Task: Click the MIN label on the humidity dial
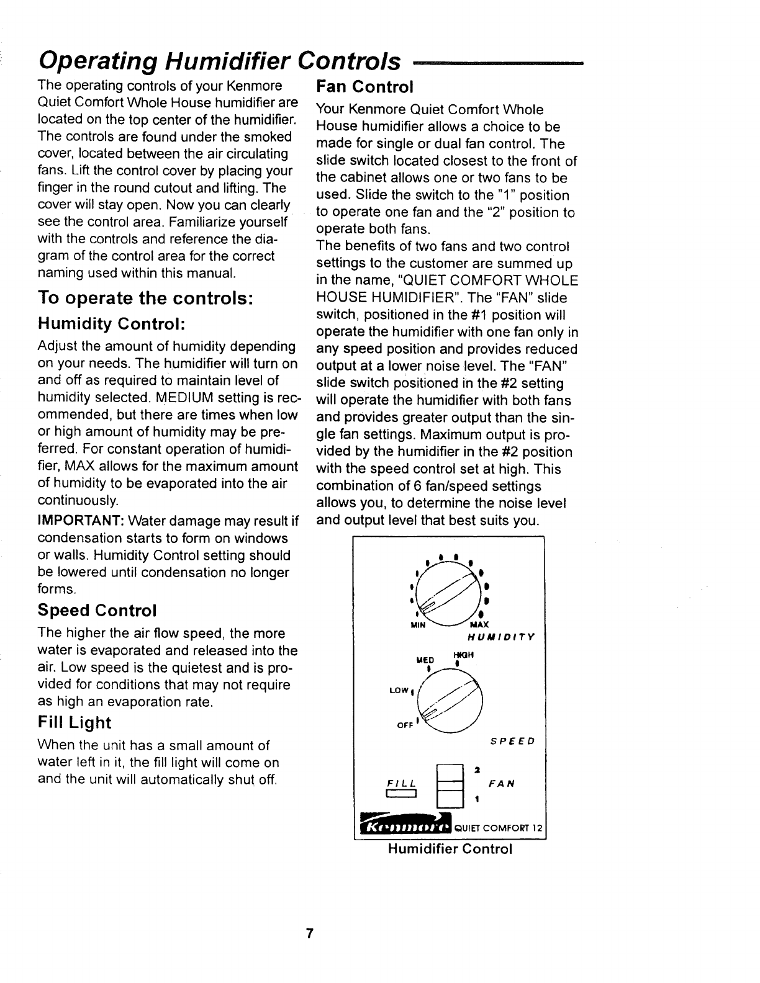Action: [418, 624]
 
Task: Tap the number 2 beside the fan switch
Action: [475, 770]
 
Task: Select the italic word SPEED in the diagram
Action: [512, 741]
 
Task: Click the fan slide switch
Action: [448, 784]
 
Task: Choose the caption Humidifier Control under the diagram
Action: [450, 849]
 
